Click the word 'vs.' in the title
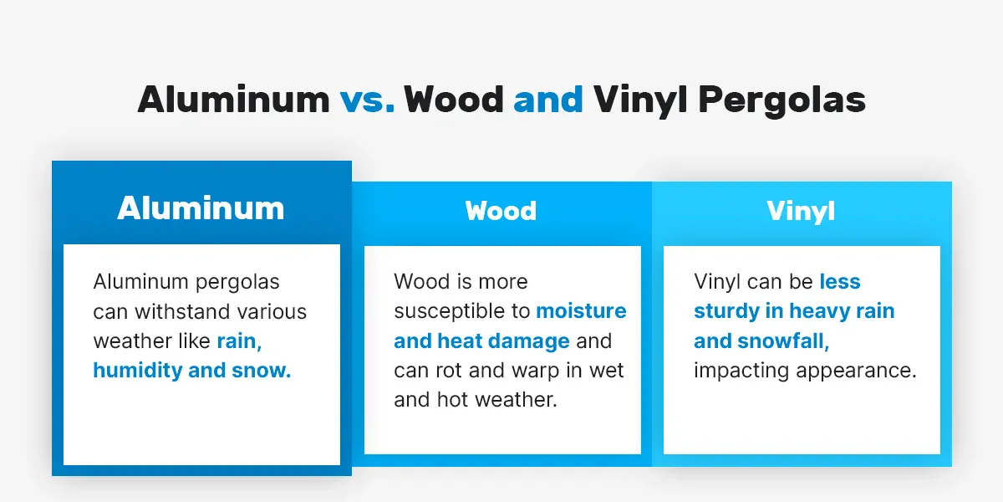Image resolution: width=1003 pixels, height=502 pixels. pos(367,100)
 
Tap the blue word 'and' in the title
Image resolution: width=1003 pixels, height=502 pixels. pos(548,100)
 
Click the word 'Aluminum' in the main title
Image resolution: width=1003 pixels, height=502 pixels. pos(233,100)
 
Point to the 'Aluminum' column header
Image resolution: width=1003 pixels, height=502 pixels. pos(201,207)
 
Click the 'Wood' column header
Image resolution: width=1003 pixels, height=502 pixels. pos(501,210)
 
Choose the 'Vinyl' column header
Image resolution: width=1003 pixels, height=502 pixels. pos(801,211)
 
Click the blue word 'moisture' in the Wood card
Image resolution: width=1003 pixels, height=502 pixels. pos(581,311)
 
